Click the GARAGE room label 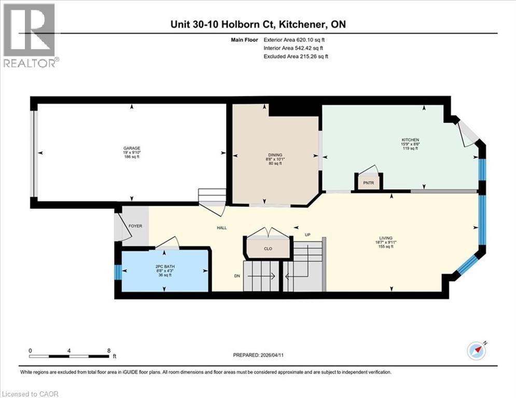coord(131,148)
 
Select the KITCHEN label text coord(410,140)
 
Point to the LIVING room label coord(384,237)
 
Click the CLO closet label coord(268,249)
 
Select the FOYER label coord(135,226)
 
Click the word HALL coord(221,228)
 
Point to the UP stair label coord(308,235)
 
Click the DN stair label coord(237,276)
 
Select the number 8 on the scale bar coord(108,350)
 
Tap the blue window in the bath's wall coord(118,272)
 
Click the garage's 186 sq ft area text coord(131,157)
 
